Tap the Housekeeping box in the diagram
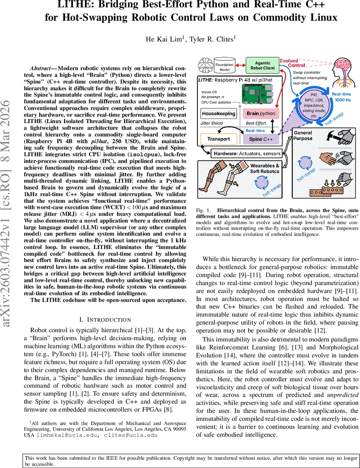218,114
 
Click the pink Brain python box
261,113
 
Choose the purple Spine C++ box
261,139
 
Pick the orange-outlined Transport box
218,139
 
